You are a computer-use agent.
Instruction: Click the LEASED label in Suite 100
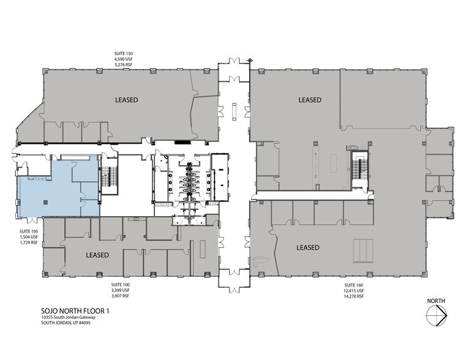pos(97,255)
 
